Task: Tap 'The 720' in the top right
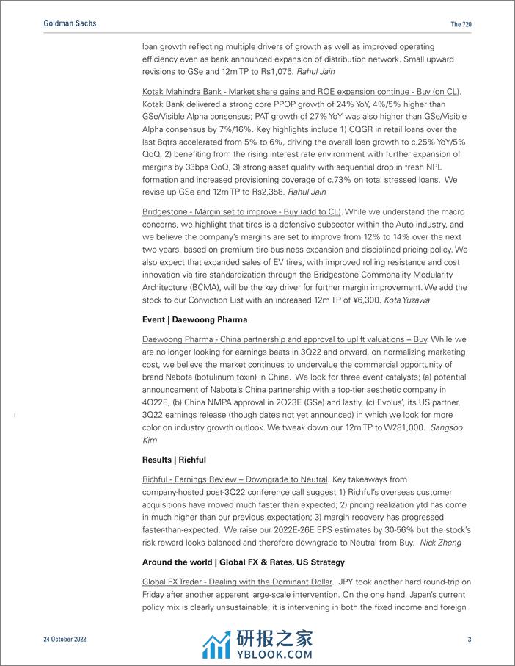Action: (x=461, y=24)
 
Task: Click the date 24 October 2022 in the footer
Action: (x=65, y=640)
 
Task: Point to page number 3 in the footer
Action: (x=470, y=640)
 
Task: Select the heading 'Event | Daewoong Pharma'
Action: (x=194, y=319)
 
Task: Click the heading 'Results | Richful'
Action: (x=174, y=460)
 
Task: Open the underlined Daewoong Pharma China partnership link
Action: (x=286, y=339)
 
